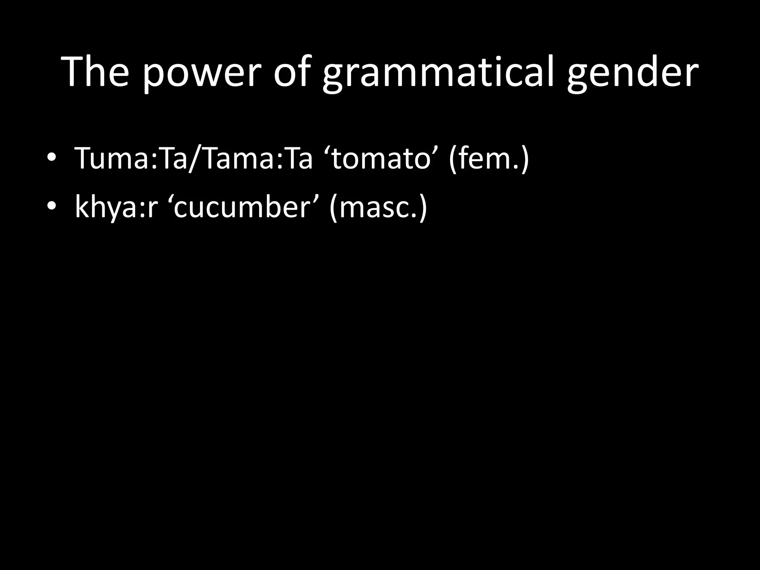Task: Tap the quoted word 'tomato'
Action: pos(381,158)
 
